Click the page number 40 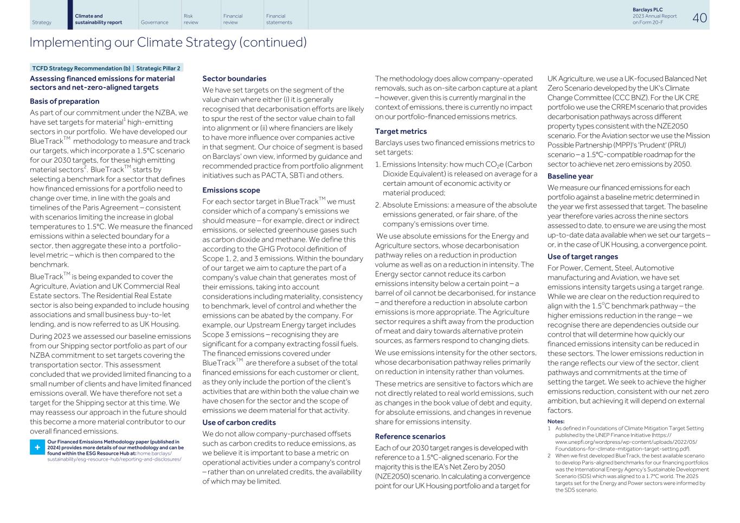(x=699, y=18)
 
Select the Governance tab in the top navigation (x=154, y=23)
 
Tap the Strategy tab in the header (x=42, y=23)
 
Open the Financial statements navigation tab (x=279, y=20)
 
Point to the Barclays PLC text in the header (x=647, y=10)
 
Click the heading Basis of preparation (x=65, y=101)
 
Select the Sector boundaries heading (x=234, y=79)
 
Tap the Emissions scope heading (x=231, y=190)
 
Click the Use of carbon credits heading (x=239, y=422)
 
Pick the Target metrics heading (x=401, y=131)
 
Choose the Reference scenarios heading (x=410, y=436)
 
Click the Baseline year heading (x=570, y=176)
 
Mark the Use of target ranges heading (x=582, y=256)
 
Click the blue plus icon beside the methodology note (x=37, y=447)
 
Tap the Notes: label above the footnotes (x=556, y=421)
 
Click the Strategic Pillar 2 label (x=158, y=68)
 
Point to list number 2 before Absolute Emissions (x=377, y=205)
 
